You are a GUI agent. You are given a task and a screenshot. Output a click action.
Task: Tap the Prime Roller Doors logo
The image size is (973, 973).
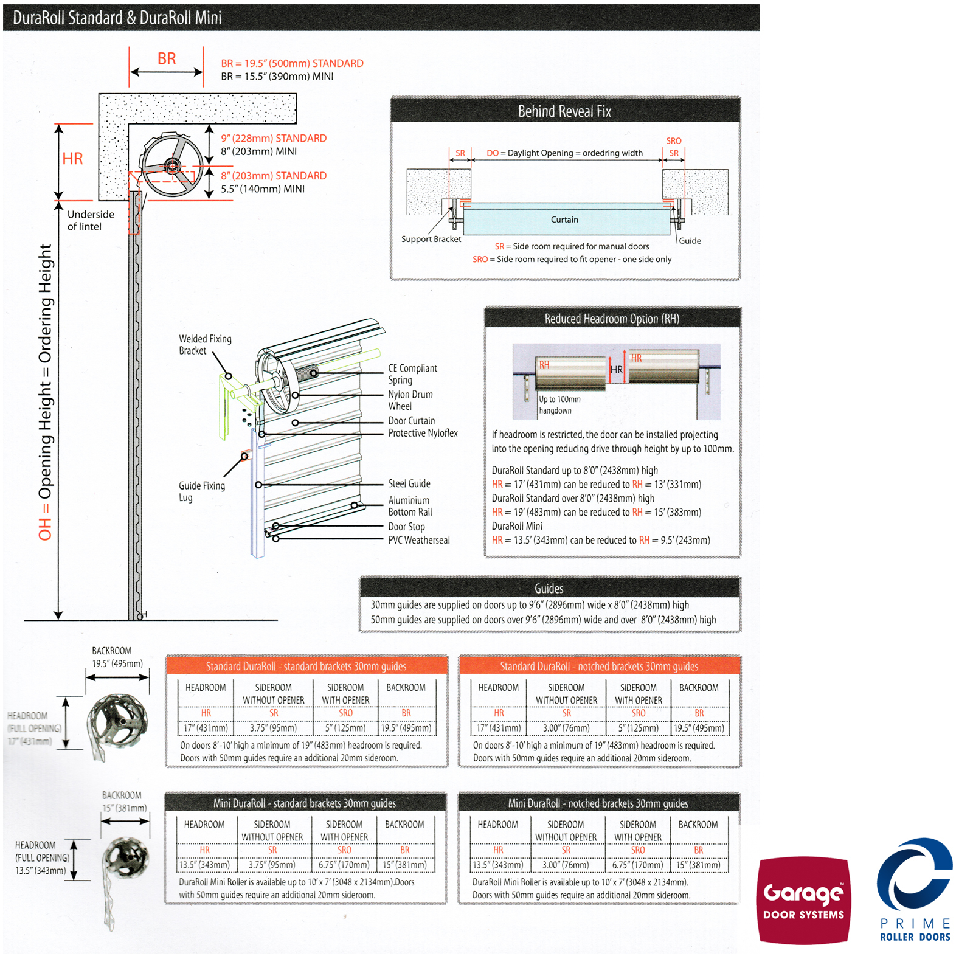[x=915, y=889]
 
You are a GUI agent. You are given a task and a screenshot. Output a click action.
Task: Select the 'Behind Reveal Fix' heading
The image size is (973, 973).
[x=564, y=111]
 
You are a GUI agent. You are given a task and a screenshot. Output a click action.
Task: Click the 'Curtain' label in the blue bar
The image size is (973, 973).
[x=564, y=220]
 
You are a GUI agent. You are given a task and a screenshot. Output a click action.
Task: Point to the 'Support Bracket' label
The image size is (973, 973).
[x=431, y=239]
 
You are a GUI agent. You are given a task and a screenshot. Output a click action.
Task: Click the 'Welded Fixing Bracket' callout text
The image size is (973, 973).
[x=205, y=345]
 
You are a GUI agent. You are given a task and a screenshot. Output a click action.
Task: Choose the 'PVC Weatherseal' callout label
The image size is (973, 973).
[x=419, y=540]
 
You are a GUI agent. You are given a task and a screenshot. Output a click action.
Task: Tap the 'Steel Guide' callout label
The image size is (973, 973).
[x=409, y=483]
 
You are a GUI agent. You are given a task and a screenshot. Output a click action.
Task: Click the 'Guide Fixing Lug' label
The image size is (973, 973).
[x=201, y=491]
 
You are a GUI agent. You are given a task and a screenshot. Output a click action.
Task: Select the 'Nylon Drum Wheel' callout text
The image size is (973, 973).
[x=410, y=400]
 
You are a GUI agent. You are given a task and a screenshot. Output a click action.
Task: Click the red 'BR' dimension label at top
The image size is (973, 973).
[x=167, y=58]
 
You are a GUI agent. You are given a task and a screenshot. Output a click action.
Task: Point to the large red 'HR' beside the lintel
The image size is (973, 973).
[x=72, y=159]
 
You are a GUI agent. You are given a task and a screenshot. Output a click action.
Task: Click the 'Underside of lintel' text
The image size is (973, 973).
[x=90, y=220]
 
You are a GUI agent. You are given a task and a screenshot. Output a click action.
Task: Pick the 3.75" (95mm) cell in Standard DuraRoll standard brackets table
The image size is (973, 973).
[x=273, y=728]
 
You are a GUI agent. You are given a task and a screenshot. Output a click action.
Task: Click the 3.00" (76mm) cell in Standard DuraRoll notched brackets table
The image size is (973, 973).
[x=566, y=728]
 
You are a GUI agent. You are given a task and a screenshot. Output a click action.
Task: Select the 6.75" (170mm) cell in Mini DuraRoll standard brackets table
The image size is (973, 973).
[x=344, y=865]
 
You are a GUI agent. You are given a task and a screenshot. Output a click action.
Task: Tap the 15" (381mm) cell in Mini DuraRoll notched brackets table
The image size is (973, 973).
[x=698, y=865]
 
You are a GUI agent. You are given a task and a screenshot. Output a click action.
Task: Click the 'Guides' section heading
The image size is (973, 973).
[x=549, y=588]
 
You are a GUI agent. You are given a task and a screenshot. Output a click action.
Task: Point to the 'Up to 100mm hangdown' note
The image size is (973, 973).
[x=559, y=405]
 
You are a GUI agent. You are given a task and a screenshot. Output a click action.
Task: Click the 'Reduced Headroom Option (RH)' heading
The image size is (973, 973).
[x=612, y=319]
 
